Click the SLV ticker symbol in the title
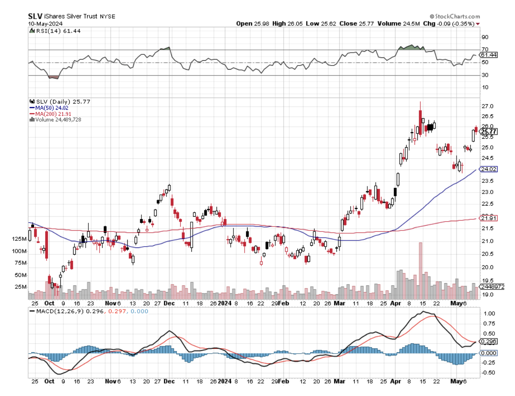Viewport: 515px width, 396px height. pyautogui.click(x=34, y=16)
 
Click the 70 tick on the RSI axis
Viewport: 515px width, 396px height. pyautogui.click(x=485, y=49)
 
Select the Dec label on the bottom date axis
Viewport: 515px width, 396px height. pyautogui.click(x=169, y=381)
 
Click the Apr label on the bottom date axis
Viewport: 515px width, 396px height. pyautogui.click(x=395, y=381)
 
